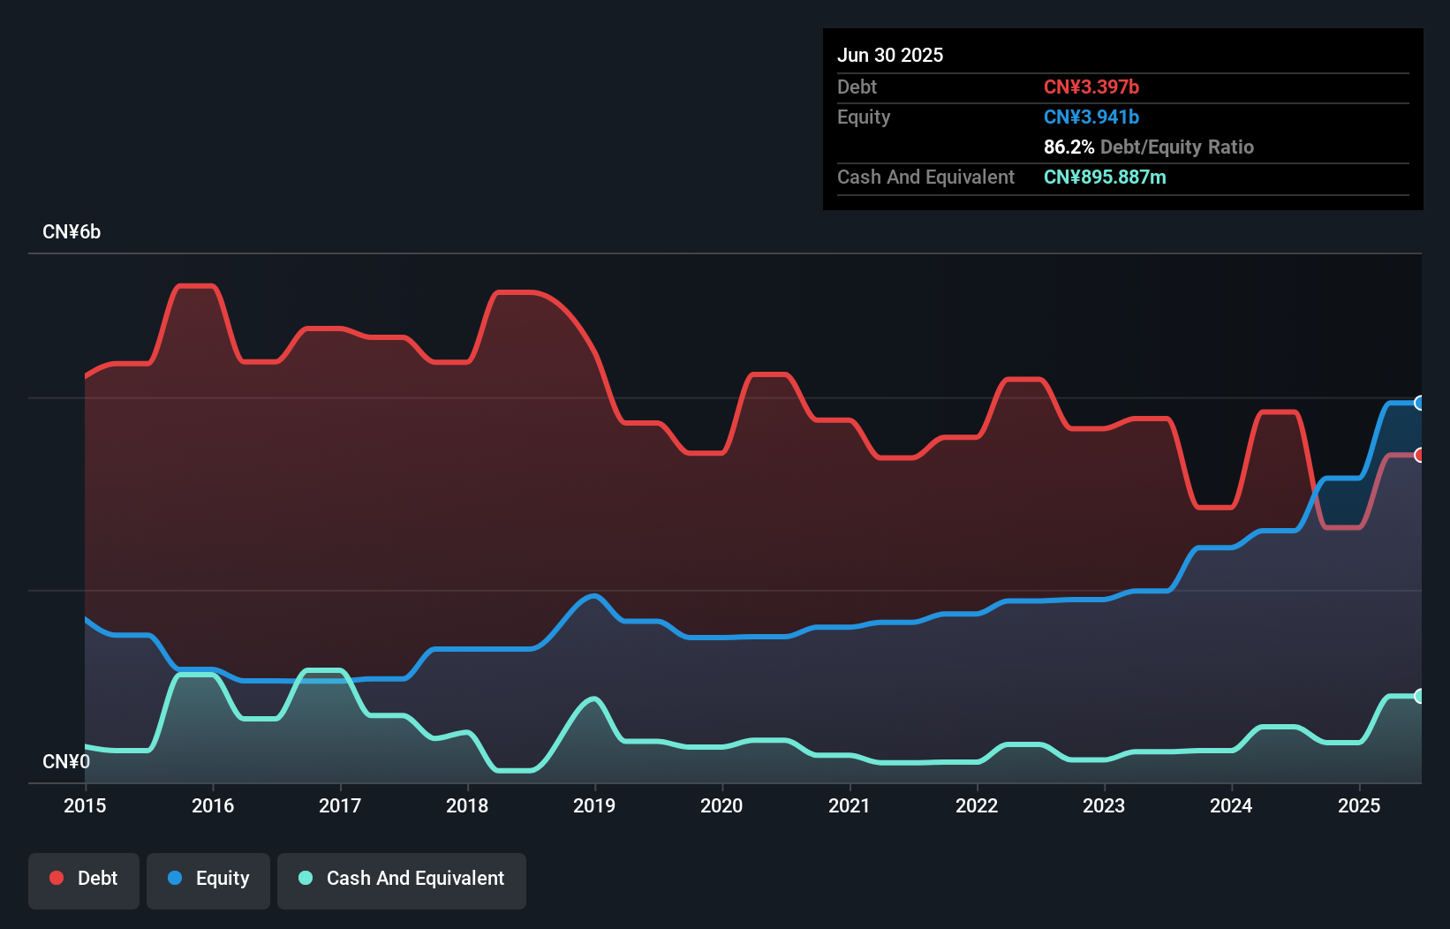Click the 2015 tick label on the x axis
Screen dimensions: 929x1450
coord(85,805)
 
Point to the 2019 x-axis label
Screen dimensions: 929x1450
coord(594,805)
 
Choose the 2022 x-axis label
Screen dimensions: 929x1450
coord(977,805)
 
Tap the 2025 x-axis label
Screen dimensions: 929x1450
coord(1359,805)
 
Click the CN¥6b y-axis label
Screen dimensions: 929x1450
coord(72,232)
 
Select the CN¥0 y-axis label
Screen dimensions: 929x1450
coord(66,761)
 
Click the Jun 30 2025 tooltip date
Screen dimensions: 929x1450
coord(890,55)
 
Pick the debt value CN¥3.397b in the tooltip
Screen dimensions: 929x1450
coord(1091,87)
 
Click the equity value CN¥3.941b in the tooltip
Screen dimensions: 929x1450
coord(1091,117)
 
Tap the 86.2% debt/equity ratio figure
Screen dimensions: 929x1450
coord(1069,147)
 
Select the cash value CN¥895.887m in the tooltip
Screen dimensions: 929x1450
coord(1105,177)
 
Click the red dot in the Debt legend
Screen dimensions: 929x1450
coord(57,878)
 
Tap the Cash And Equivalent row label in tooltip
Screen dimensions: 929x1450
coord(925,177)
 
